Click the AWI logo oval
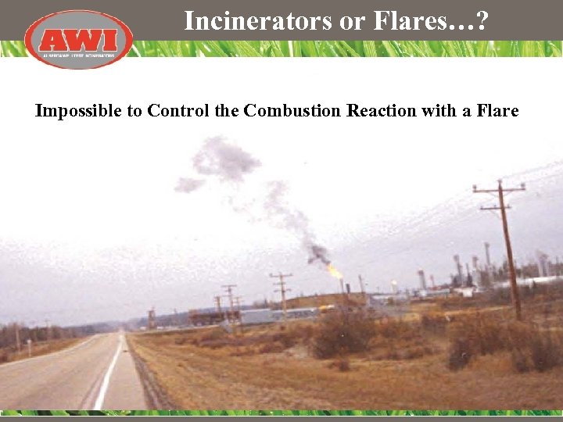coord(78,38)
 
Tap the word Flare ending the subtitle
coord(495,111)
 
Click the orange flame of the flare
coord(335,271)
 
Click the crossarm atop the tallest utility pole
coord(499,189)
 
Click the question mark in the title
coord(480,21)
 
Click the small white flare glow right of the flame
coord(394,286)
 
